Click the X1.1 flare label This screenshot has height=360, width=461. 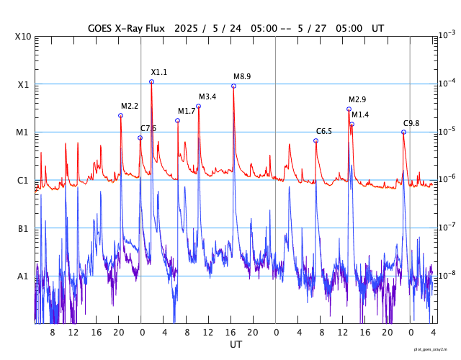click(x=158, y=72)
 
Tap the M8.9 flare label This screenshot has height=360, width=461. click(x=242, y=76)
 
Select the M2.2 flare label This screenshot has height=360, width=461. click(x=130, y=106)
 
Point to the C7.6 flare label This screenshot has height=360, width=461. click(x=148, y=128)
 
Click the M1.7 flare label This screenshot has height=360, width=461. click(x=187, y=111)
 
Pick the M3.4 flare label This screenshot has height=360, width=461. click(x=207, y=96)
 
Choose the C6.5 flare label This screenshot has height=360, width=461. click(x=324, y=131)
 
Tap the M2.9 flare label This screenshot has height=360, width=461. click(x=357, y=99)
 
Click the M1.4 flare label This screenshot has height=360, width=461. click(x=360, y=114)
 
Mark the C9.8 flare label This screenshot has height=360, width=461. click(x=411, y=123)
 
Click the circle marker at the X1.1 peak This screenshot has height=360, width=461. click(x=151, y=81)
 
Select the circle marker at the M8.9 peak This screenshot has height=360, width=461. click(x=233, y=86)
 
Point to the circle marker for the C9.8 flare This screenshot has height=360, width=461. click(x=403, y=132)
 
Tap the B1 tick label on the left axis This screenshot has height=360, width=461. click(x=23, y=229)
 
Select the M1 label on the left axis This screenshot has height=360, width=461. click(x=23, y=132)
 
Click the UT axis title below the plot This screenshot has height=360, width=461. click(x=236, y=345)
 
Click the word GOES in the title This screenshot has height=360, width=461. click(x=102, y=28)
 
